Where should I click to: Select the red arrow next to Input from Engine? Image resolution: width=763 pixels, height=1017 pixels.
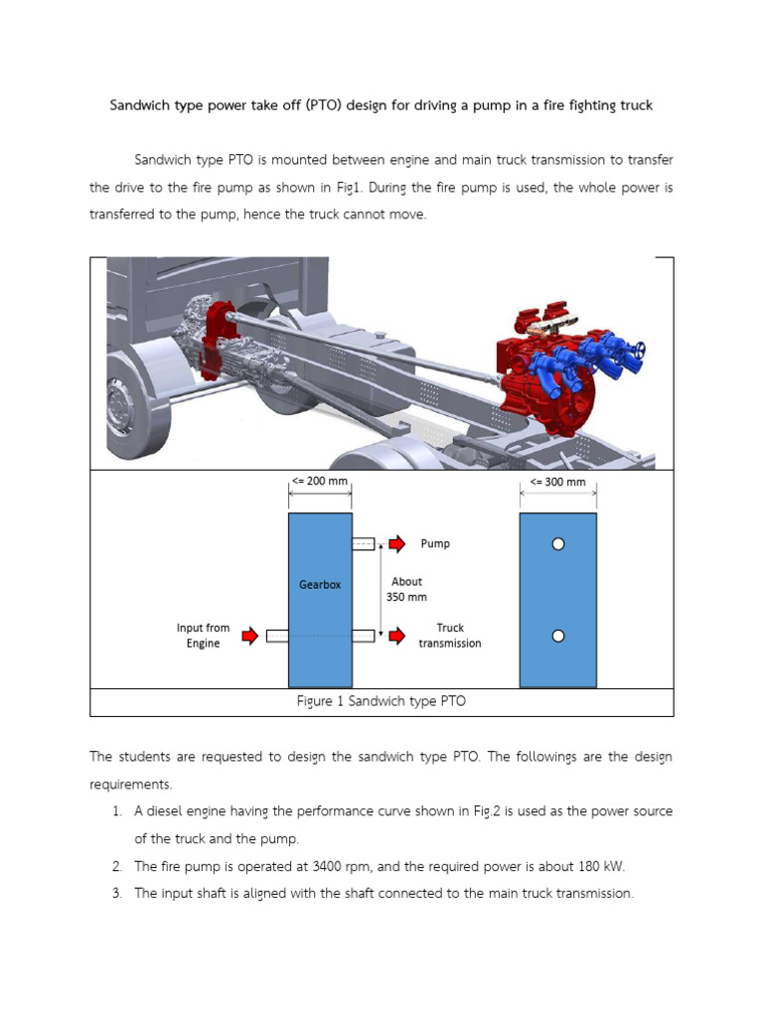click(x=249, y=636)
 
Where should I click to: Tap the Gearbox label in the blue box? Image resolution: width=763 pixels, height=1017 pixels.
click(x=320, y=585)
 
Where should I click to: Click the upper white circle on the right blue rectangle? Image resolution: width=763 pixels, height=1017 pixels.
click(x=558, y=543)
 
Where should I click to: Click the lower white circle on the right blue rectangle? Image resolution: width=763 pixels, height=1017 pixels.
click(x=558, y=636)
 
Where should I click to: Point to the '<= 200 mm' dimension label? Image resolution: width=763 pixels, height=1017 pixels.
click(x=320, y=483)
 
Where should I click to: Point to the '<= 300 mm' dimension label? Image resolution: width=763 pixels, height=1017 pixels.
click(x=558, y=483)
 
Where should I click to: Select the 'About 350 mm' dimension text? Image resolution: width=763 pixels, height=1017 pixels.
click(x=406, y=589)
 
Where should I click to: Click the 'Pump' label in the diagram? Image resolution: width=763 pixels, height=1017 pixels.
click(x=435, y=543)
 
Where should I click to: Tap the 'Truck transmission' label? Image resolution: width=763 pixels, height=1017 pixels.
click(x=449, y=636)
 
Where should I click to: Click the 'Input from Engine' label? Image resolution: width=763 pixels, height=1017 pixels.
click(x=203, y=636)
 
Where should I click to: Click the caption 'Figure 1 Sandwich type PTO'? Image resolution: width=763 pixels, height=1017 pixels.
click(x=381, y=701)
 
